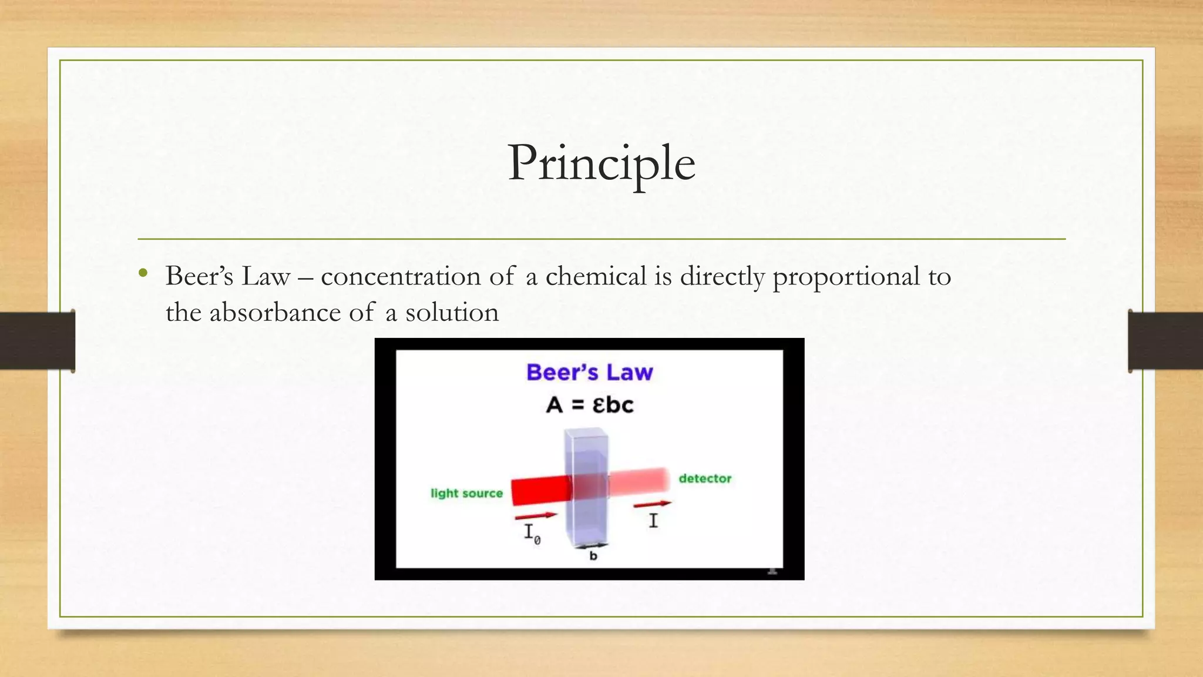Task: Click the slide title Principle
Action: (601, 163)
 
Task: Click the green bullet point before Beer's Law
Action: (143, 272)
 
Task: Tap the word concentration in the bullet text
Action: (401, 276)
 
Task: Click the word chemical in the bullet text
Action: (596, 276)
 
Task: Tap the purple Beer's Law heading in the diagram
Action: (589, 372)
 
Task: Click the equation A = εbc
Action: (589, 405)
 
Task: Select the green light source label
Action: (466, 494)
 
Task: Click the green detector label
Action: (705, 478)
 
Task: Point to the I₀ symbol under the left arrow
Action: (532, 534)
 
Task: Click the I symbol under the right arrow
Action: (653, 521)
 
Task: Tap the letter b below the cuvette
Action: (593, 556)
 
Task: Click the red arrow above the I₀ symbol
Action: (535, 517)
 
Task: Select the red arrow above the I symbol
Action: (652, 504)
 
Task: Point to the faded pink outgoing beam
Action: (640, 481)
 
